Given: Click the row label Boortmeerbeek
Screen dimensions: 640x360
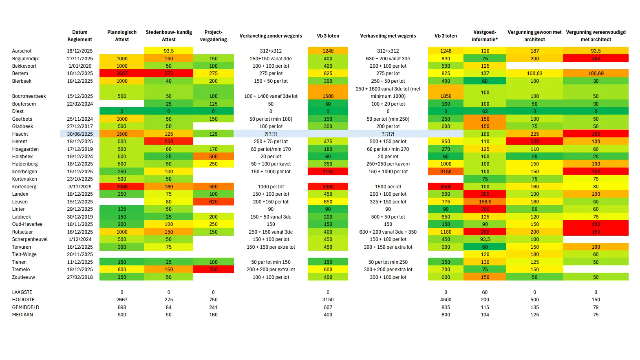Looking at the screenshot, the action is click(x=29, y=96).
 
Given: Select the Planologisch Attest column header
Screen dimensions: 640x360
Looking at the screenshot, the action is click(x=122, y=36).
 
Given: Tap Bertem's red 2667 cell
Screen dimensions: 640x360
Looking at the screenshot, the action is click(x=122, y=73).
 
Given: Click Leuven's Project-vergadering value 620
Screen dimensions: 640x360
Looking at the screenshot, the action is click(x=213, y=202).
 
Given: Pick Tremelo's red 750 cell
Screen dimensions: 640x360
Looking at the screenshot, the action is click(x=213, y=269).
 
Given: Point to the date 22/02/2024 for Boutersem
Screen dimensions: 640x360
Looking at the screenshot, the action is click(x=80, y=104).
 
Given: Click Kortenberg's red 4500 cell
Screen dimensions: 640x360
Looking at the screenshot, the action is click(x=446, y=187).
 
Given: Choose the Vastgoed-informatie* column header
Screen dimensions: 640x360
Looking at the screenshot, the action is click(x=485, y=36).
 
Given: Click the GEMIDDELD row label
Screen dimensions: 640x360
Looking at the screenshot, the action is click(x=26, y=307).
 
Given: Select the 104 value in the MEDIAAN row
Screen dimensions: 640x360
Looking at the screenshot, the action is click(x=485, y=315).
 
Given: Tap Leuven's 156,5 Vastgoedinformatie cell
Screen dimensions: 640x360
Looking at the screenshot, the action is click(x=485, y=202).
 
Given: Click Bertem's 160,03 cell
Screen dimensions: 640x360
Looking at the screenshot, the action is click(x=535, y=73).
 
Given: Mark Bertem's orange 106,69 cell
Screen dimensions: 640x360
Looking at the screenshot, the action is click(x=596, y=73).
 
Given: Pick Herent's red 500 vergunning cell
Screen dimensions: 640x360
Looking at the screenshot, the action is click(x=535, y=141).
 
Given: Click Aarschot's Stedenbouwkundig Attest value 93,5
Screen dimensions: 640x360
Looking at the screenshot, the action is click(x=169, y=51).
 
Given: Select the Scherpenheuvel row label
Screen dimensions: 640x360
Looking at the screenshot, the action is click(x=30, y=239).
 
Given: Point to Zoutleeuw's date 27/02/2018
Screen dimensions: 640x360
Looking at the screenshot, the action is click(x=80, y=277).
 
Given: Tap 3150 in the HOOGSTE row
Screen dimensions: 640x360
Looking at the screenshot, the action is click(x=328, y=300).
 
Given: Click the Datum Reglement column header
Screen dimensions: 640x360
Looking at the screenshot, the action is click(x=80, y=36).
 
